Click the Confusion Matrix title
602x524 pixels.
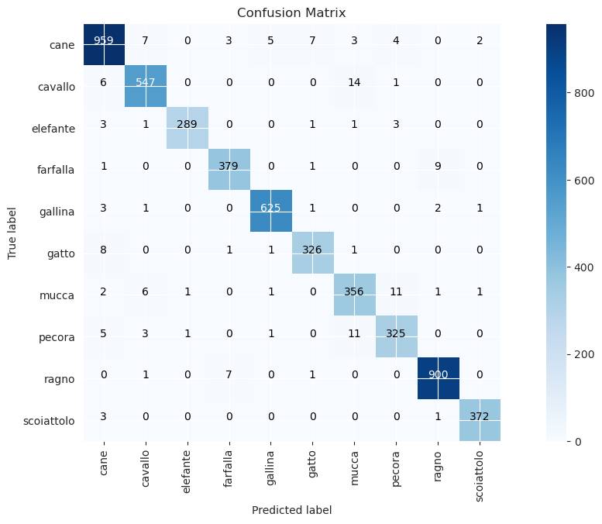pos(291,13)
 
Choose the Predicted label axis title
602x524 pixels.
pos(291,509)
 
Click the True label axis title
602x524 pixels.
pos(12,233)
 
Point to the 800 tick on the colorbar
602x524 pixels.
pos(583,91)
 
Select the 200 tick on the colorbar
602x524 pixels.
pos(583,354)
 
